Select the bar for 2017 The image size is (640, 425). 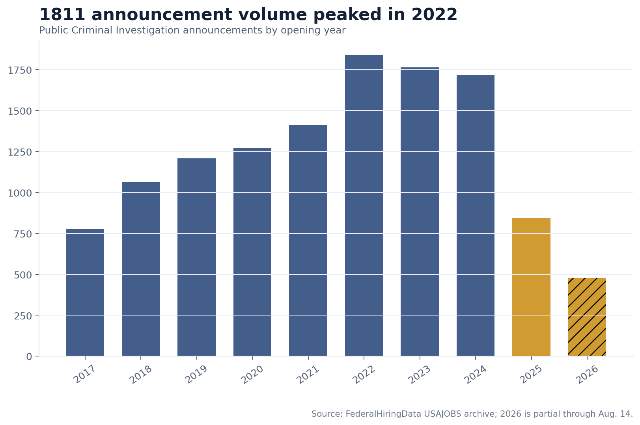(x=85, y=293)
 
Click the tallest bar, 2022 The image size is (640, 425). (x=364, y=205)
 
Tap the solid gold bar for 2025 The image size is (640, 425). (x=531, y=287)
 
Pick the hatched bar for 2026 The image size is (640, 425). (x=587, y=317)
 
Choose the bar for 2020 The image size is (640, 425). (x=252, y=252)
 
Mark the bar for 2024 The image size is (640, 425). (x=476, y=215)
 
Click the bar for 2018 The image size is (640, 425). (x=140, y=269)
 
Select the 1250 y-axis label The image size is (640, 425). (x=19, y=152)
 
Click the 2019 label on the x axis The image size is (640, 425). (x=196, y=374)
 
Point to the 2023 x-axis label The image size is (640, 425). (x=420, y=374)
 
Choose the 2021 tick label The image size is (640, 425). (x=308, y=374)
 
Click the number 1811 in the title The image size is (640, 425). (x=62, y=15)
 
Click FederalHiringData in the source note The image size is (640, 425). (x=383, y=414)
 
